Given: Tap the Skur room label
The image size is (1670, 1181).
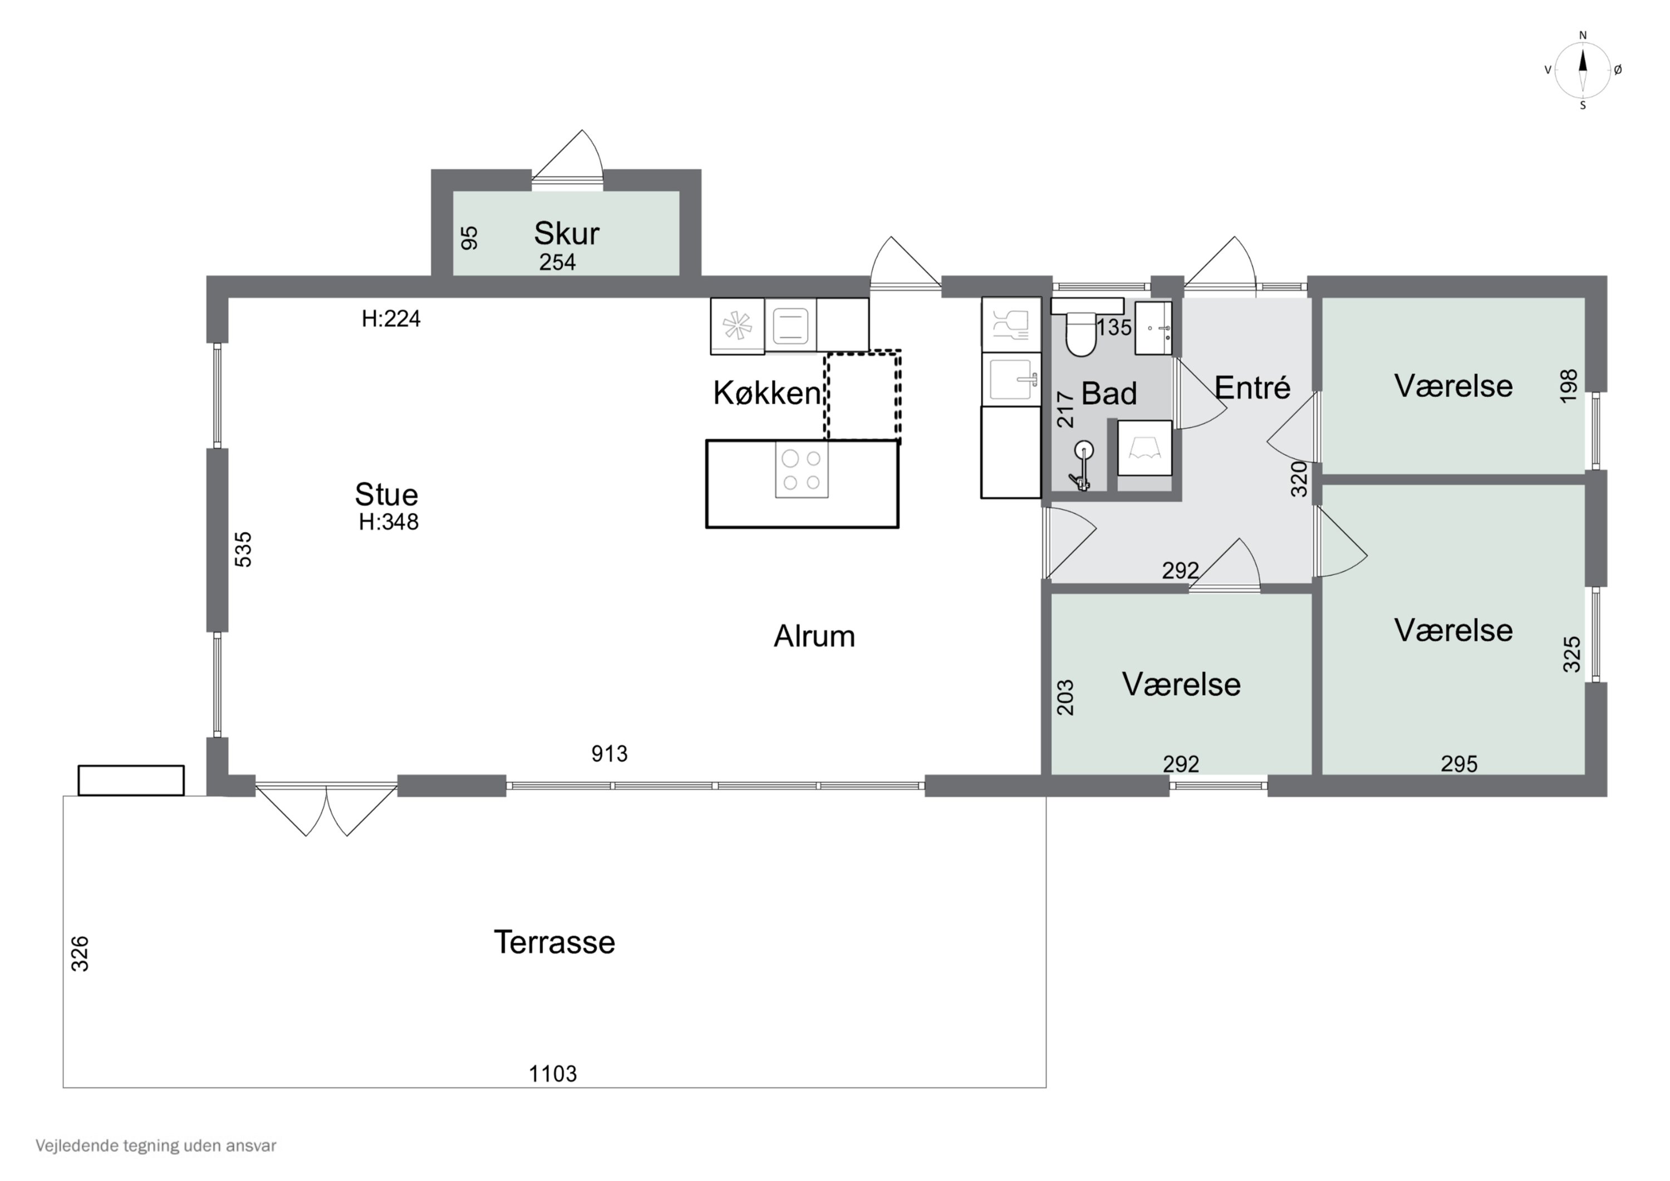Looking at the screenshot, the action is click(567, 233).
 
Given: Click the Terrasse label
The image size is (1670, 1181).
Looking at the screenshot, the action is click(554, 942).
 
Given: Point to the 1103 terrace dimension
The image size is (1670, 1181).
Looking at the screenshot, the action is click(553, 1074).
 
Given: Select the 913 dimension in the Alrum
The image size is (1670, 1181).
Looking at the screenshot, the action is click(610, 754).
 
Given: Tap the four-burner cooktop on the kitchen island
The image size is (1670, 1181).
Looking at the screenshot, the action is click(802, 470).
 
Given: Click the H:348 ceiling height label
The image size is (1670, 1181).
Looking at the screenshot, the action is click(389, 522).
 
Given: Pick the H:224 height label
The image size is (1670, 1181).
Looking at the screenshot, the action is click(391, 318).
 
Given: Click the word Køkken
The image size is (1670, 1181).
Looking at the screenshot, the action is click(767, 393).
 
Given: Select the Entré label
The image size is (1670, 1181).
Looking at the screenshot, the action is click(1252, 388).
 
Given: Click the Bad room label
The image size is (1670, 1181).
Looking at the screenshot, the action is click(1108, 394).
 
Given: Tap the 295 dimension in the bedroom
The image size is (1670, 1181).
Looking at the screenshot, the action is click(1459, 764).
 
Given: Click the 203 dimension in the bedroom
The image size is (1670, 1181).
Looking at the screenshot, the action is click(1065, 698).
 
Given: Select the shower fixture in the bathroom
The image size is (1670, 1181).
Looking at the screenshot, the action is click(1082, 465).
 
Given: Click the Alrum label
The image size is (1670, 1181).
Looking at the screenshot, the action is click(814, 636).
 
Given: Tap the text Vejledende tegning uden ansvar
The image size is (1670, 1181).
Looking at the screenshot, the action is click(156, 1146).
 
